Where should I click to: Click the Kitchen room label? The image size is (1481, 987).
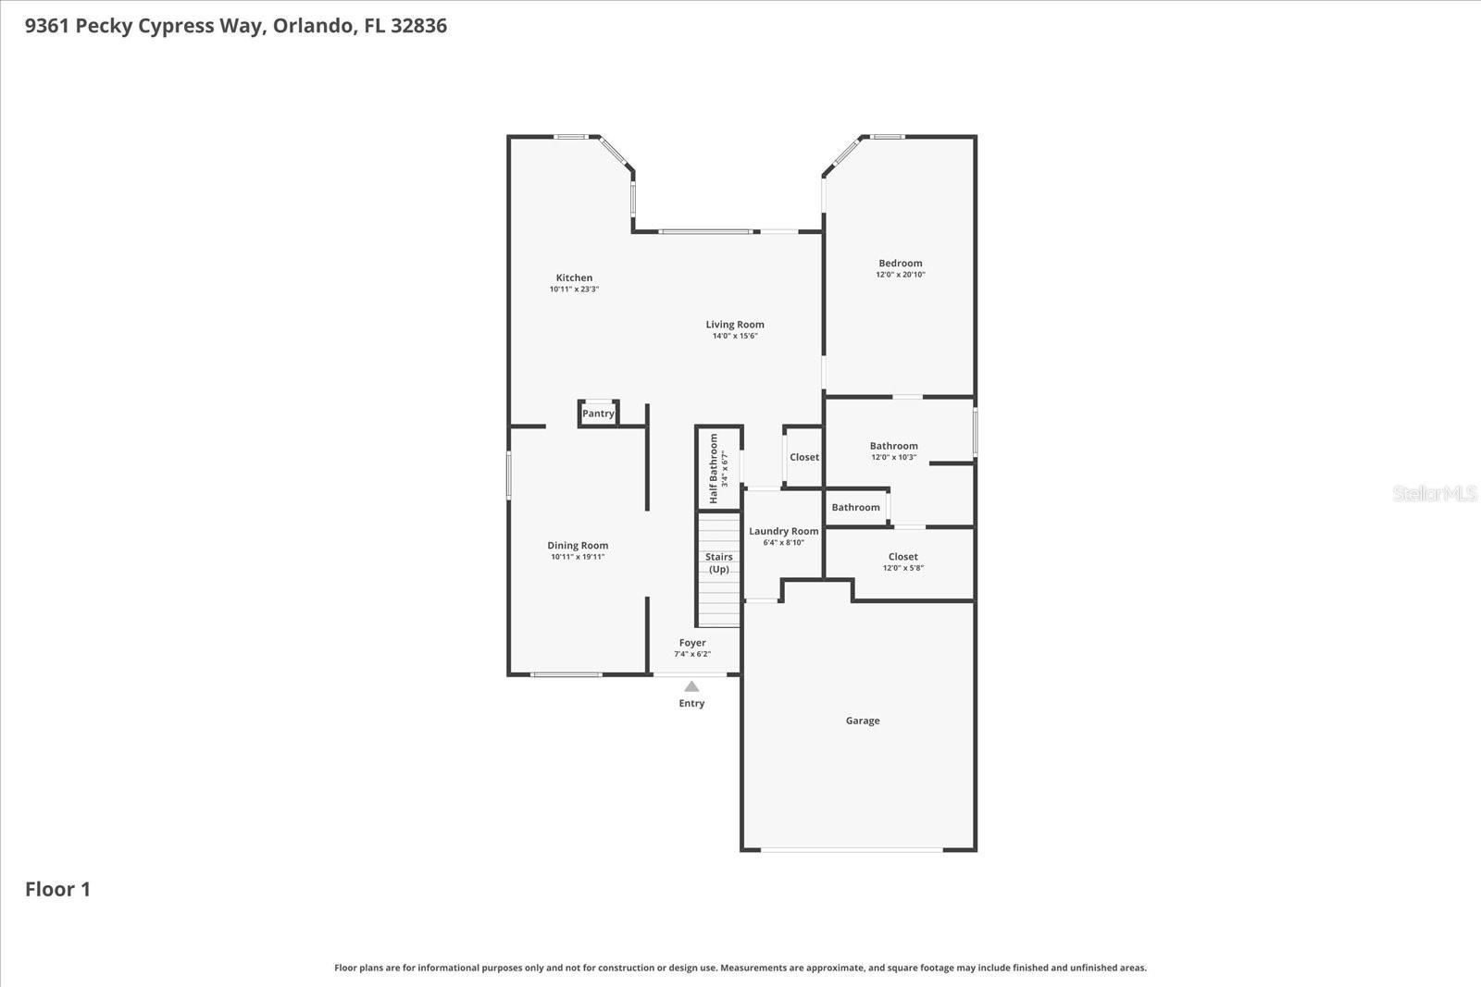tap(574, 278)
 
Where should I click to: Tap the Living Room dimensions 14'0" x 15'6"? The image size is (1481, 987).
tap(735, 337)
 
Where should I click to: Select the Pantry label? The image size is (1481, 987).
tap(598, 413)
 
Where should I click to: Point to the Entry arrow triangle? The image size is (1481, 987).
tap(691, 686)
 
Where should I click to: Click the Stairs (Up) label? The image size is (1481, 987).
tap(718, 562)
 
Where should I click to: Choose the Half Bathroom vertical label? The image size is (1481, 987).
tap(714, 468)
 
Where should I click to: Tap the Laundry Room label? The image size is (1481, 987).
tap(783, 531)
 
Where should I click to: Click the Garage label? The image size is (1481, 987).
tap(862, 721)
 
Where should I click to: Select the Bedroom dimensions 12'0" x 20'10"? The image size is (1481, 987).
tap(901, 275)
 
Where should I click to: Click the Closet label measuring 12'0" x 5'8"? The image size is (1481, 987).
tap(902, 557)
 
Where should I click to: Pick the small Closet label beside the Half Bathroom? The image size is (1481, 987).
tap(803, 457)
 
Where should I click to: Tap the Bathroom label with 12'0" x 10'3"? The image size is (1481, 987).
tap(893, 446)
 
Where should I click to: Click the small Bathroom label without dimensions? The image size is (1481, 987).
tap(855, 507)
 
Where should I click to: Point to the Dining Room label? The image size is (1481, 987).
tap(578, 546)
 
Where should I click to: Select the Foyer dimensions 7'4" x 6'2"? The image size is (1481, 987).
tap(692, 654)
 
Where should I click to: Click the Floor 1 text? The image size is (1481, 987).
tap(57, 889)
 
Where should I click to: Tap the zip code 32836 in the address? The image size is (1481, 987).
tap(418, 26)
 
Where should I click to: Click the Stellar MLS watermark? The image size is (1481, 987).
tap(1435, 494)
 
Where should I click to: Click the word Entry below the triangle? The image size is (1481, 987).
tap(691, 703)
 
